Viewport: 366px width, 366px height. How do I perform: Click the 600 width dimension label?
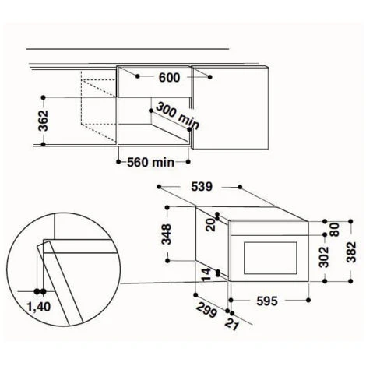pyautogui.click(x=169, y=78)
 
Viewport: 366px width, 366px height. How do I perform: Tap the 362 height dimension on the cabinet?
pyautogui.click(x=43, y=121)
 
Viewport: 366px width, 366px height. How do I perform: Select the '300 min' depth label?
pyautogui.click(x=178, y=116)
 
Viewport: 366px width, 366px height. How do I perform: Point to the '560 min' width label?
pyautogui.click(x=151, y=163)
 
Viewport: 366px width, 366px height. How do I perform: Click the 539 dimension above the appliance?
pyautogui.click(x=202, y=187)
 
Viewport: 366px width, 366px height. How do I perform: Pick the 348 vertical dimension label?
pyautogui.click(x=167, y=234)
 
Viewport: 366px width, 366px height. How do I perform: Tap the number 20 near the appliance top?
pyautogui.click(x=211, y=225)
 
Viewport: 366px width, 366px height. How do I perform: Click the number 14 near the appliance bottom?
pyautogui.click(x=206, y=275)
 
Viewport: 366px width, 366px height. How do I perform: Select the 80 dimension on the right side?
pyautogui.click(x=335, y=230)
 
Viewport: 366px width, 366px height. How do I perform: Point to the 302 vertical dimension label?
pyautogui.click(x=324, y=257)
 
